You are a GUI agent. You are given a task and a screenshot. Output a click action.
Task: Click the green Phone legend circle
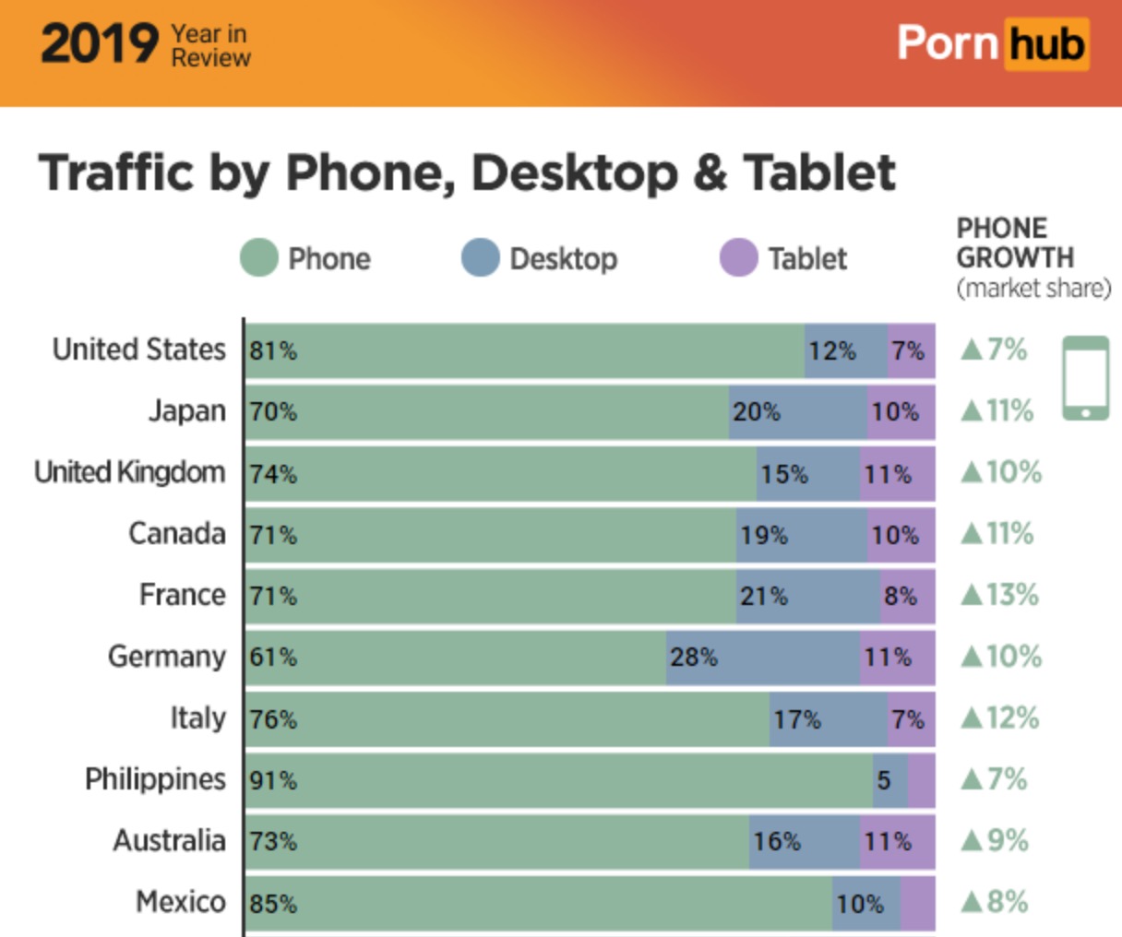[259, 258]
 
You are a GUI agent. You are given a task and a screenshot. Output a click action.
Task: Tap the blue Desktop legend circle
[480, 258]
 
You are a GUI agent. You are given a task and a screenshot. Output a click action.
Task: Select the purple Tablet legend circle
[738, 258]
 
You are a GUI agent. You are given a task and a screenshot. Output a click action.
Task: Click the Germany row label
[166, 657]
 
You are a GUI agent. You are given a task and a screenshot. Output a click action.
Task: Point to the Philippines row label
[155, 779]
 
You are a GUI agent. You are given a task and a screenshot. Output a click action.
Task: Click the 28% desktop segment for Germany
[762, 658]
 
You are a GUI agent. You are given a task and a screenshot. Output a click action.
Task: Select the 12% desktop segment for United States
[845, 350]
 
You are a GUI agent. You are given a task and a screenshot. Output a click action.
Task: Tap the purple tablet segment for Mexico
[917, 903]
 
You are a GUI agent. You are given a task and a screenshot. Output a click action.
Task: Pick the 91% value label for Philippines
[273, 781]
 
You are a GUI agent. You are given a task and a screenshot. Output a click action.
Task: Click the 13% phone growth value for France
[1000, 595]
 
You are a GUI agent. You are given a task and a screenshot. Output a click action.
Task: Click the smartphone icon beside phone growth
[1086, 378]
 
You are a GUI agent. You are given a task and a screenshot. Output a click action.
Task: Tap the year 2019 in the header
[100, 44]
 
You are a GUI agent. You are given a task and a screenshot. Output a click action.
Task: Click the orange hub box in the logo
[1046, 44]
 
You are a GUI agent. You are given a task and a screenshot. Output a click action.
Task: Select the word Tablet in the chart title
[819, 172]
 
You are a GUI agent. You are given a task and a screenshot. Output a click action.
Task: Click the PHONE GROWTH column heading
[1015, 243]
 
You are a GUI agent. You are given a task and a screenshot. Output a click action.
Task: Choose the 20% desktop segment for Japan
[797, 412]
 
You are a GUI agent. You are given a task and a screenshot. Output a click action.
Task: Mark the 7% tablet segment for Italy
[911, 719]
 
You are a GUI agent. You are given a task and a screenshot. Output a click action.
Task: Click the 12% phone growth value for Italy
[1000, 718]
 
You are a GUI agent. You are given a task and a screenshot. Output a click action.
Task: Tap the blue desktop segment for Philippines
[890, 780]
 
